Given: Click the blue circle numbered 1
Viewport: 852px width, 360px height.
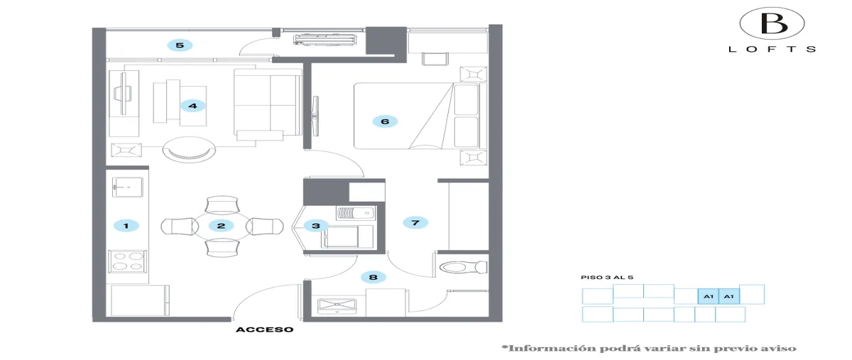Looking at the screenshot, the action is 126,226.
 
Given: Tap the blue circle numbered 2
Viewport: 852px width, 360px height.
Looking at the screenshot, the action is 222,226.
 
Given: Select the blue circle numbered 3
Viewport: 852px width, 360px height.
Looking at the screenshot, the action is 316,226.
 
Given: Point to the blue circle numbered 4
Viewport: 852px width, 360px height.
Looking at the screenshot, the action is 192,105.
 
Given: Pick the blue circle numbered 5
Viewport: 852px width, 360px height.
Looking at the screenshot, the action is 180,45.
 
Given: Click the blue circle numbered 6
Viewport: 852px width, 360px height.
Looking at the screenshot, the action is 385,121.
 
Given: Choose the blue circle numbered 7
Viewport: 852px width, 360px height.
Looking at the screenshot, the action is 415,223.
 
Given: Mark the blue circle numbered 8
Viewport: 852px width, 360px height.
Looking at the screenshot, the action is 373,277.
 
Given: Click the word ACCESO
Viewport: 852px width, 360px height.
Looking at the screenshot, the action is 265,329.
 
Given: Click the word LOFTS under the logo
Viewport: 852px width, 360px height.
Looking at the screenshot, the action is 772,49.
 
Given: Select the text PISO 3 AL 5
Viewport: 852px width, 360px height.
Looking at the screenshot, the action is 607,278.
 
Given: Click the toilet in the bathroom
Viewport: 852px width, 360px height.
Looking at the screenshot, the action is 463,267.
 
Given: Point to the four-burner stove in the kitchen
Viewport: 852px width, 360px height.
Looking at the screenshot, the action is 127,261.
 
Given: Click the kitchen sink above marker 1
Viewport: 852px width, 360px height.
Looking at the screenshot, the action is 128,187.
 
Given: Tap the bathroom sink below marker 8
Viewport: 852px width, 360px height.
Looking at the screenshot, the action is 337,307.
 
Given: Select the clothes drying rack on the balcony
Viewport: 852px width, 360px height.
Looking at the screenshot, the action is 325,40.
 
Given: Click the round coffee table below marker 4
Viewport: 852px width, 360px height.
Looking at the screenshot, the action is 189,149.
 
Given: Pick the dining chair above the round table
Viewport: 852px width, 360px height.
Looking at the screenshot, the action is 222,205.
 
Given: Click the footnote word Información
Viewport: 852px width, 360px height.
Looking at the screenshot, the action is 553,348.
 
